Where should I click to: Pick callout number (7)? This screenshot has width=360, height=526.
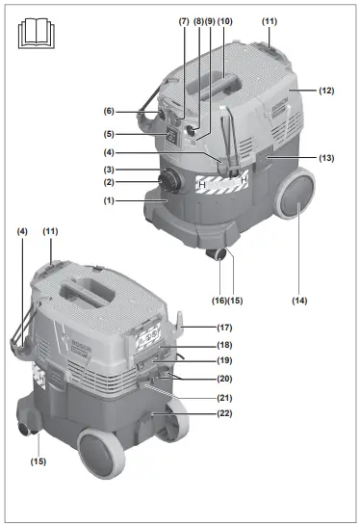tap(184, 20)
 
